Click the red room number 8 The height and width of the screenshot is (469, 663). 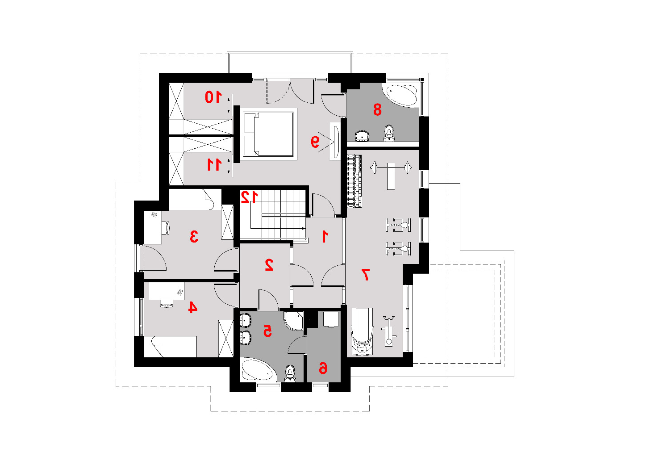click(x=377, y=109)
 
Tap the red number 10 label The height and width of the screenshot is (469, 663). click(x=213, y=97)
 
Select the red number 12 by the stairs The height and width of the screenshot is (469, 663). click(x=249, y=197)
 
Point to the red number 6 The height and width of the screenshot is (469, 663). click(x=323, y=368)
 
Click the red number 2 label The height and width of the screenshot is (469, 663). click(x=269, y=265)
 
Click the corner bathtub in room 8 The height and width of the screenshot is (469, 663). click(x=400, y=95)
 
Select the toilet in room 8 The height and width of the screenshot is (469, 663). click(x=389, y=133)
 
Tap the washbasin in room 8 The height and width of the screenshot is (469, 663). click(x=362, y=136)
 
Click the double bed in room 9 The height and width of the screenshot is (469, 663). click(x=268, y=134)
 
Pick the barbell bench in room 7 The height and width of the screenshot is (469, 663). click(x=391, y=172)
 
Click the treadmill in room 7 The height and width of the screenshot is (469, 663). click(x=362, y=331)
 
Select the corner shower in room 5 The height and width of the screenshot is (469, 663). click(x=294, y=321)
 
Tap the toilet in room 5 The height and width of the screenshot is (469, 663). click(x=290, y=373)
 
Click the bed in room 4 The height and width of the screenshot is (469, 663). click(x=170, y=347)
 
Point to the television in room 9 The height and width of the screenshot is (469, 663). click(x=336, y=142)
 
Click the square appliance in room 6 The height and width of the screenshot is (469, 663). click(x=331, y=319)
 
